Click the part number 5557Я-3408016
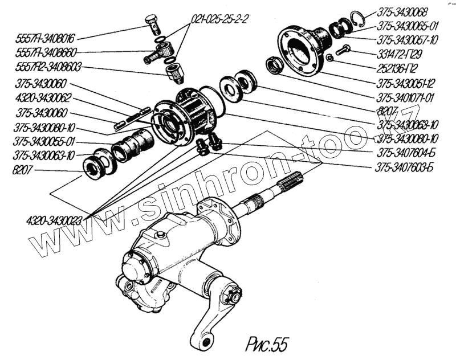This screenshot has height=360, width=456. coord(39,39)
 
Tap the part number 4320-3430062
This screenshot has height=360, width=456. coord(43,97)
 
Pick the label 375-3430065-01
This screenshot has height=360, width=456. coord(408,26)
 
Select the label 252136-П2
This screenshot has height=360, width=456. coord(403,67)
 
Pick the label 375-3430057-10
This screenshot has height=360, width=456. coord(408,40)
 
